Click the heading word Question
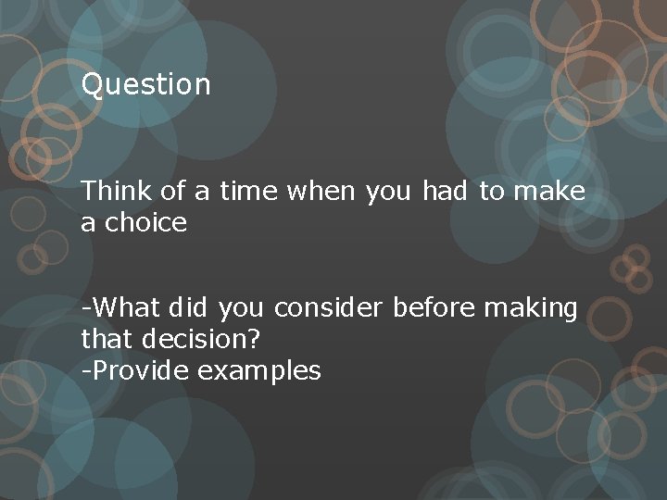click(x=146, y=85)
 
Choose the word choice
click(x=145, y=223)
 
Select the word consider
click(x=330, y=307)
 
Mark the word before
click(x=434, y=307)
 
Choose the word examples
click(x=258, y=372)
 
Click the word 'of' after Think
click(x=172, y=192)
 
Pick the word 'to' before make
click(x=491, y=192)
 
